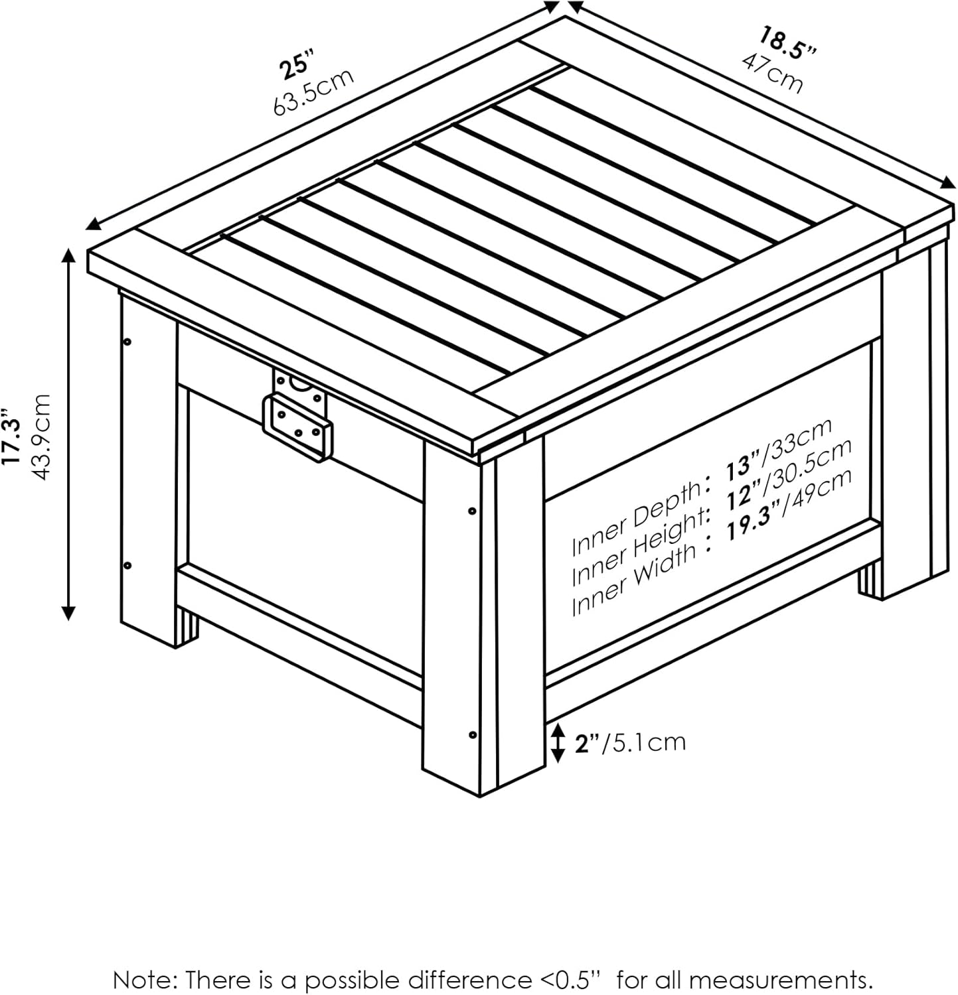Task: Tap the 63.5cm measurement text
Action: [x=313, y=92]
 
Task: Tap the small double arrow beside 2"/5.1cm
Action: [x=558, y=742]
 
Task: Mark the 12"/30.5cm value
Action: [x=787, y=474]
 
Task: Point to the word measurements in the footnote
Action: [x=781, y=980]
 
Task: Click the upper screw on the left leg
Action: [x=127, y=342]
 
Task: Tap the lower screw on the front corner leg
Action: [x=471, y=734]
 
